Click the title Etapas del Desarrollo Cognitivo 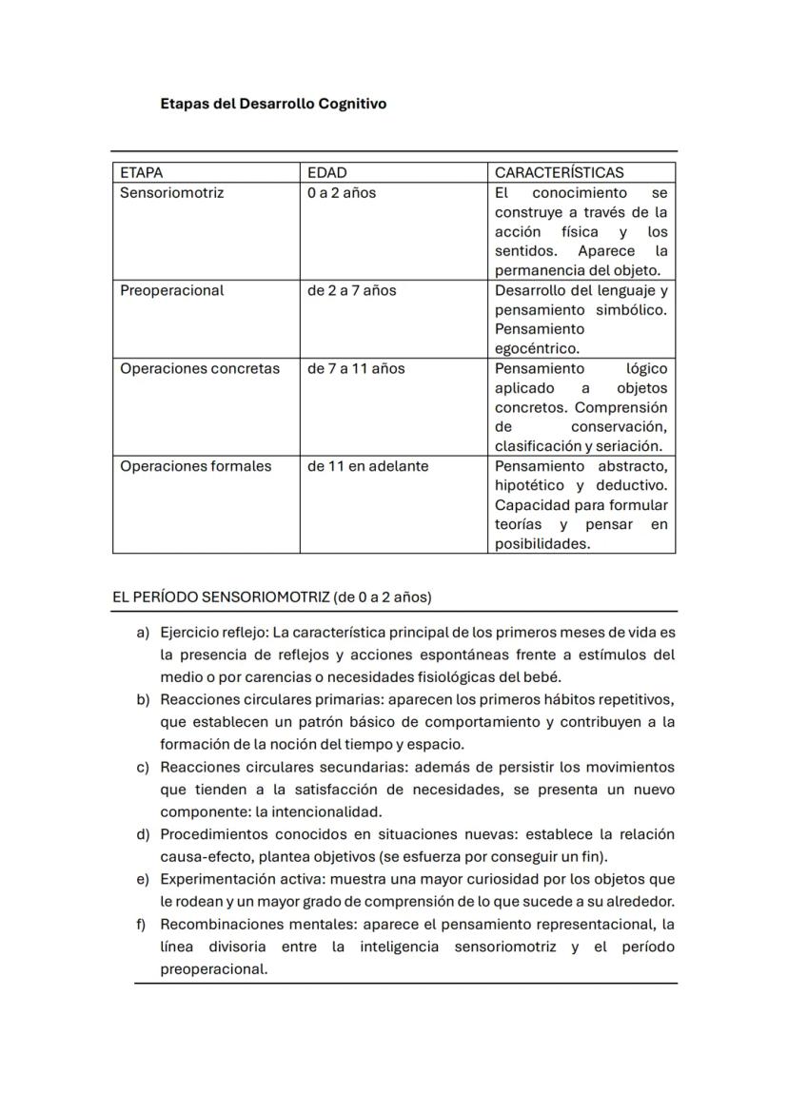pos(273,104)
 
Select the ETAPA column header pos(141,172)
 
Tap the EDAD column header pos(326,172)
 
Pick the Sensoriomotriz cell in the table pos(171,193)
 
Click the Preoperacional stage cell pos(171,290)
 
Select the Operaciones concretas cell pos(200,368)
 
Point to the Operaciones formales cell pos(195,466)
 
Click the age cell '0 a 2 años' pos(342,193)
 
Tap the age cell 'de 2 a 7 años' pos(351,290)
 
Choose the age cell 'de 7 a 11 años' pos(356,368)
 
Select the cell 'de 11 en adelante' pos(367,466)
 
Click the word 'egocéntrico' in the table pos(537,349)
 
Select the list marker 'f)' pos(144,925)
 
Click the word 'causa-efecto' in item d pos(201,856)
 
